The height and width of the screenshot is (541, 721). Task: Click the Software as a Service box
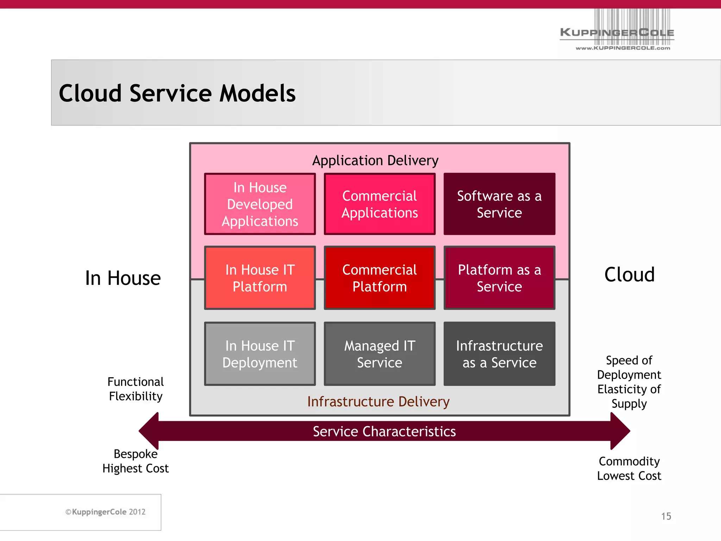499,204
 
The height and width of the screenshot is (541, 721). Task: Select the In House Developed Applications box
260,204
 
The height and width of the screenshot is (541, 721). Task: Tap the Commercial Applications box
380,204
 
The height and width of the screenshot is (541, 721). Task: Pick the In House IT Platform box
260,278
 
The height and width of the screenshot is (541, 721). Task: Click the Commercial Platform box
380,278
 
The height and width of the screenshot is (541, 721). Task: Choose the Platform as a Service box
499,278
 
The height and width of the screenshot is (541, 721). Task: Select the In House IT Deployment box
260,354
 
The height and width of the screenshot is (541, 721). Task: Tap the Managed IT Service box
380,354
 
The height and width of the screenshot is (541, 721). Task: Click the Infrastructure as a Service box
499,354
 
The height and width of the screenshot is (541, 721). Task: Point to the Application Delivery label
375,161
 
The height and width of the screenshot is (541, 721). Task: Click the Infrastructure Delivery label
378,402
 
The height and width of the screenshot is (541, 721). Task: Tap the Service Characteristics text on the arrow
384,431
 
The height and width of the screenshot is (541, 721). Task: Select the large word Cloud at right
629,274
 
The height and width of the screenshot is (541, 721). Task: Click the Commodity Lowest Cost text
629,468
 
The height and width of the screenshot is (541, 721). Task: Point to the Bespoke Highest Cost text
136,461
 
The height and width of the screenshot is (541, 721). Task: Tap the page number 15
666,516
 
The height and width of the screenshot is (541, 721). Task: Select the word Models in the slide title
257,93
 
